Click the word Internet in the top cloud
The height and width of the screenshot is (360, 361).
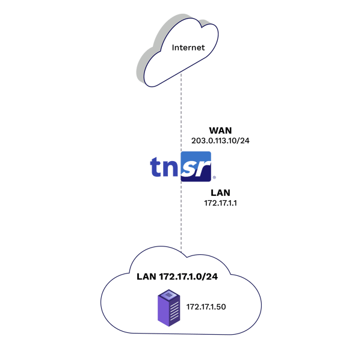(x=188, y=47)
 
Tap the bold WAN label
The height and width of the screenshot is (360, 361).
(x=220, y=130)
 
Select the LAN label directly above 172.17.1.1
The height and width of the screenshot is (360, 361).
(x=220, y=194)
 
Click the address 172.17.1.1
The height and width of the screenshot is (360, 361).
(x=220, y=204)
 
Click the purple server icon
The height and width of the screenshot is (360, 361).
(x=169, y=308)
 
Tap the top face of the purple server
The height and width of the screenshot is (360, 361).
(x=169, y=294)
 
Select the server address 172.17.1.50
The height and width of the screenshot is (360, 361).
(x=206, y=307)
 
